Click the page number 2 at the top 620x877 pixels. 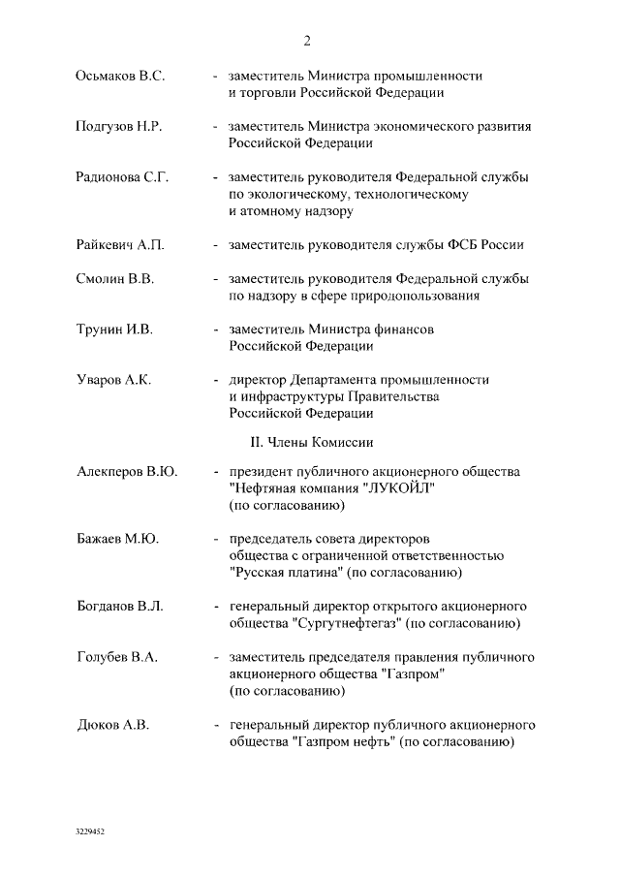coord(307,40)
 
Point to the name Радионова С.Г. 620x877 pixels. coord(122,177)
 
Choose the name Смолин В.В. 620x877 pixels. coord(114,279)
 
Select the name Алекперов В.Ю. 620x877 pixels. coord(127,472)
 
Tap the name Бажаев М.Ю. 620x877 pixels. coord(117,538)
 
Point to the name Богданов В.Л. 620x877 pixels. coord(119,606)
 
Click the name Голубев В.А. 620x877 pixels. coord(116,657)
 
